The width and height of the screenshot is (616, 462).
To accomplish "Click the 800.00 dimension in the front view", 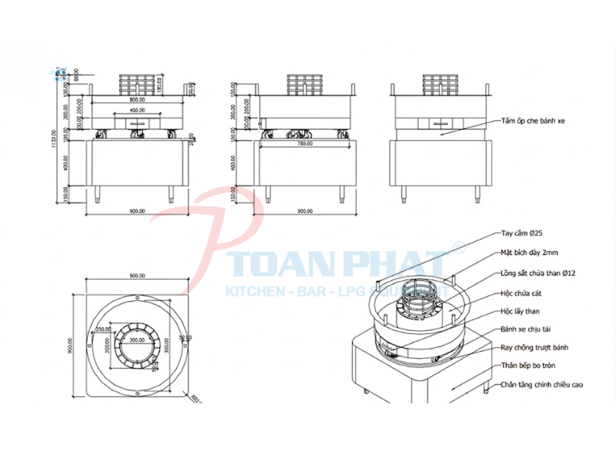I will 138,100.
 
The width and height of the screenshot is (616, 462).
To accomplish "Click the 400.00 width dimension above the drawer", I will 138,110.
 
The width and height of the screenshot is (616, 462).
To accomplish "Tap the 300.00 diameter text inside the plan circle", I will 136,340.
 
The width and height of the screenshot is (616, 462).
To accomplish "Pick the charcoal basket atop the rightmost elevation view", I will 443,83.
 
